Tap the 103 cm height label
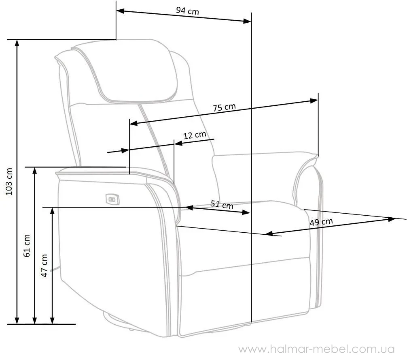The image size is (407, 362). point(9,181)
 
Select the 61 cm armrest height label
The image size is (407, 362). point(27,246)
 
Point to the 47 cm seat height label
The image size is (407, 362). point(44,266)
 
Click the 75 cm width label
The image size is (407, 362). point(224,107)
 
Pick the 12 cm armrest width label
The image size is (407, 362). point(195,135)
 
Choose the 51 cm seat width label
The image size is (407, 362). point(222,204)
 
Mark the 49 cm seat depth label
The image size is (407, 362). point(321,222)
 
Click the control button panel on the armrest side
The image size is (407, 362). point(112,199)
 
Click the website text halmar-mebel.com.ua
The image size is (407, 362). point(316,349)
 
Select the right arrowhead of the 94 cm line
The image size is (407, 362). point(247,21)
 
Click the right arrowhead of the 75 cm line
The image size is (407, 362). point(314,101)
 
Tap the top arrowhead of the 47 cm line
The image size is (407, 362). point(52,211)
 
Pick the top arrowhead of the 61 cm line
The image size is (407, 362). point(34,171)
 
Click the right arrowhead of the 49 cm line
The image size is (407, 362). point(392,219)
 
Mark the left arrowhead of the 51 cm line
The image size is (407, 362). point(189,207)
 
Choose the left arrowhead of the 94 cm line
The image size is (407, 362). point(121,11)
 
